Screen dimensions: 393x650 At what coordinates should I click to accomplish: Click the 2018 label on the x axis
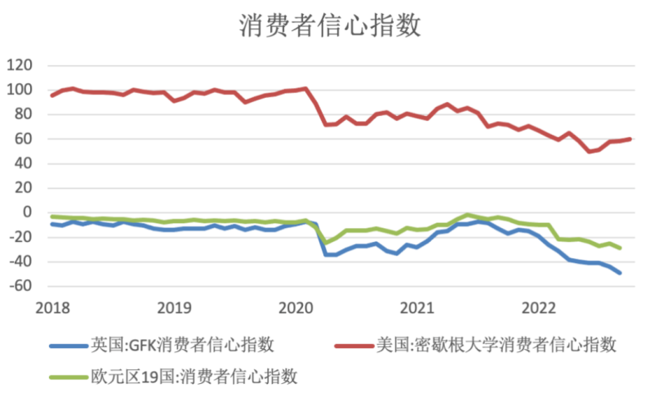tap(51, 308)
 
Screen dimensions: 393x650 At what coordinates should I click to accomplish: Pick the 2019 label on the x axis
tap(173, 308)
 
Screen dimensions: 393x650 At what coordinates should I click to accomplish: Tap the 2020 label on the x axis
tap(296, 308)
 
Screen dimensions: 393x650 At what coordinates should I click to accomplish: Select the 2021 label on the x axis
tap(417, 308)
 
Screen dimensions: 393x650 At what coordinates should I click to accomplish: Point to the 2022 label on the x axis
tap(539, 308)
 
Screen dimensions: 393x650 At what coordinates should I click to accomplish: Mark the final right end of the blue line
tap(620, 273)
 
